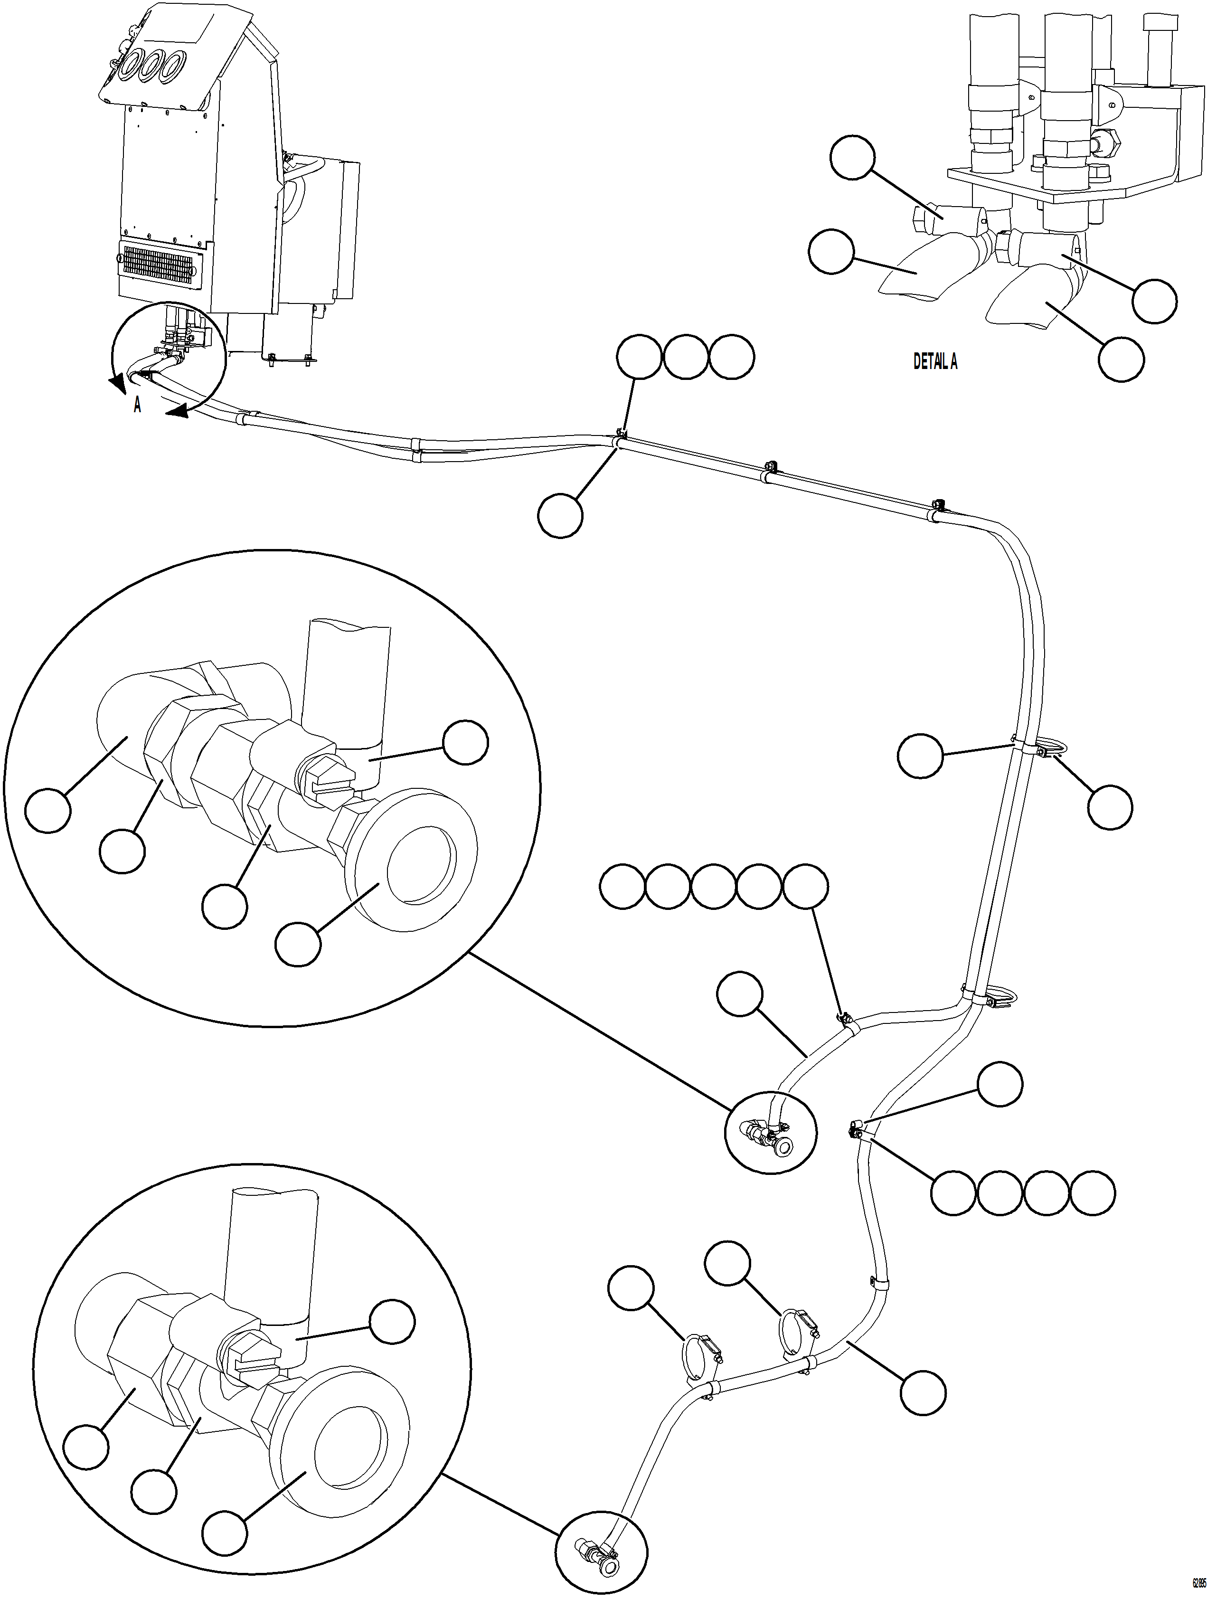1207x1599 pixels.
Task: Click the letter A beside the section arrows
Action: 137,406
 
